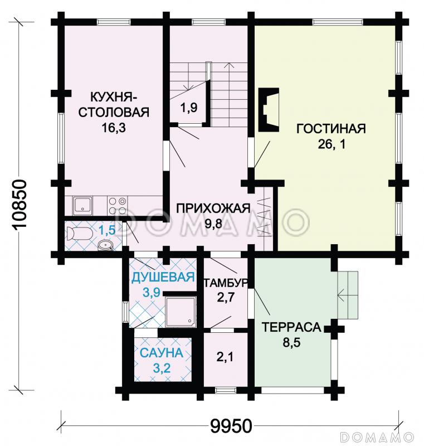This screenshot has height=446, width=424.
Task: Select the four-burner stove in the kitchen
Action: [x=115, y=206]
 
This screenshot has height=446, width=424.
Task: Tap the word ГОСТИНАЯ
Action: [x=330, y=129]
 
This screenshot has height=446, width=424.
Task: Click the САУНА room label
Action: [x=161, y=353]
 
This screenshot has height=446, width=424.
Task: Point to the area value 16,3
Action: [x=113, y=128]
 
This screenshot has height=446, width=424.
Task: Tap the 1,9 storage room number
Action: [x=189, y=109]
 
